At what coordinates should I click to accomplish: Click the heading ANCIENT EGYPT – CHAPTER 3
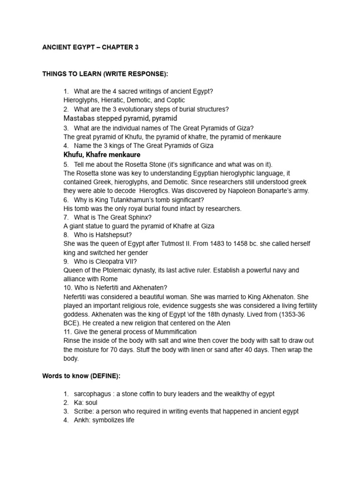pyautogui.click(x=90, y=47)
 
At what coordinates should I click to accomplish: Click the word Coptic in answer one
pyautogui.click(x=174, y=100)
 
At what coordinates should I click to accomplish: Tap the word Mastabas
pyautogui.click(x=80, y=118)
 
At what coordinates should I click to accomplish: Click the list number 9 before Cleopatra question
pyautogui.click(x=66, y=262)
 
